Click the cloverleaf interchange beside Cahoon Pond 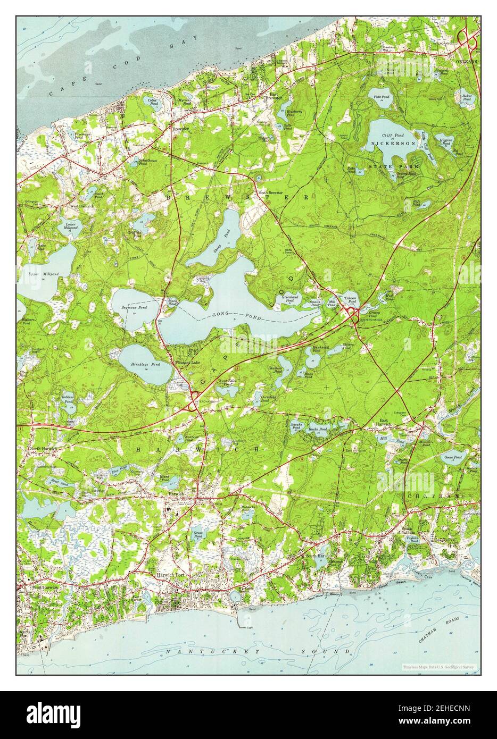[x=352, y=314]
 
